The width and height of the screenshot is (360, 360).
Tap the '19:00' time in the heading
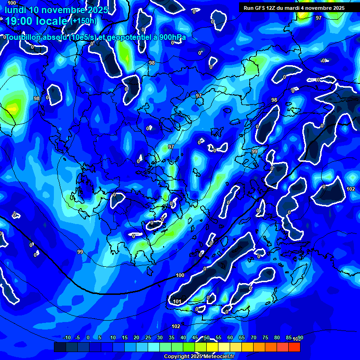point(19,21)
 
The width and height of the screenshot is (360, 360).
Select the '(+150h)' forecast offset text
point(84,21)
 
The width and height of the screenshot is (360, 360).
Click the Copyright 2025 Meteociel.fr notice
point(199,357)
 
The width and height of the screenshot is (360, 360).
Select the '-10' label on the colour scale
point(67,338)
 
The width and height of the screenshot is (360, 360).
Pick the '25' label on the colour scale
point(148,338)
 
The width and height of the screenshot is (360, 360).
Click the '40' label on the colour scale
point(183,338)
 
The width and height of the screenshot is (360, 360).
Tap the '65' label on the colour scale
point(242,338)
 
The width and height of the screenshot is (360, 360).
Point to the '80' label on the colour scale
point(277,338)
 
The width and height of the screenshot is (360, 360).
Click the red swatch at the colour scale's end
point(294,347)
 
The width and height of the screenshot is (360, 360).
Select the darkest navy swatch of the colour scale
point(60,347)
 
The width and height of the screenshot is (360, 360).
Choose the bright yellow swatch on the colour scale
point(224,347)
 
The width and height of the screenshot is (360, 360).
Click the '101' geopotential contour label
point(177,301)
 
